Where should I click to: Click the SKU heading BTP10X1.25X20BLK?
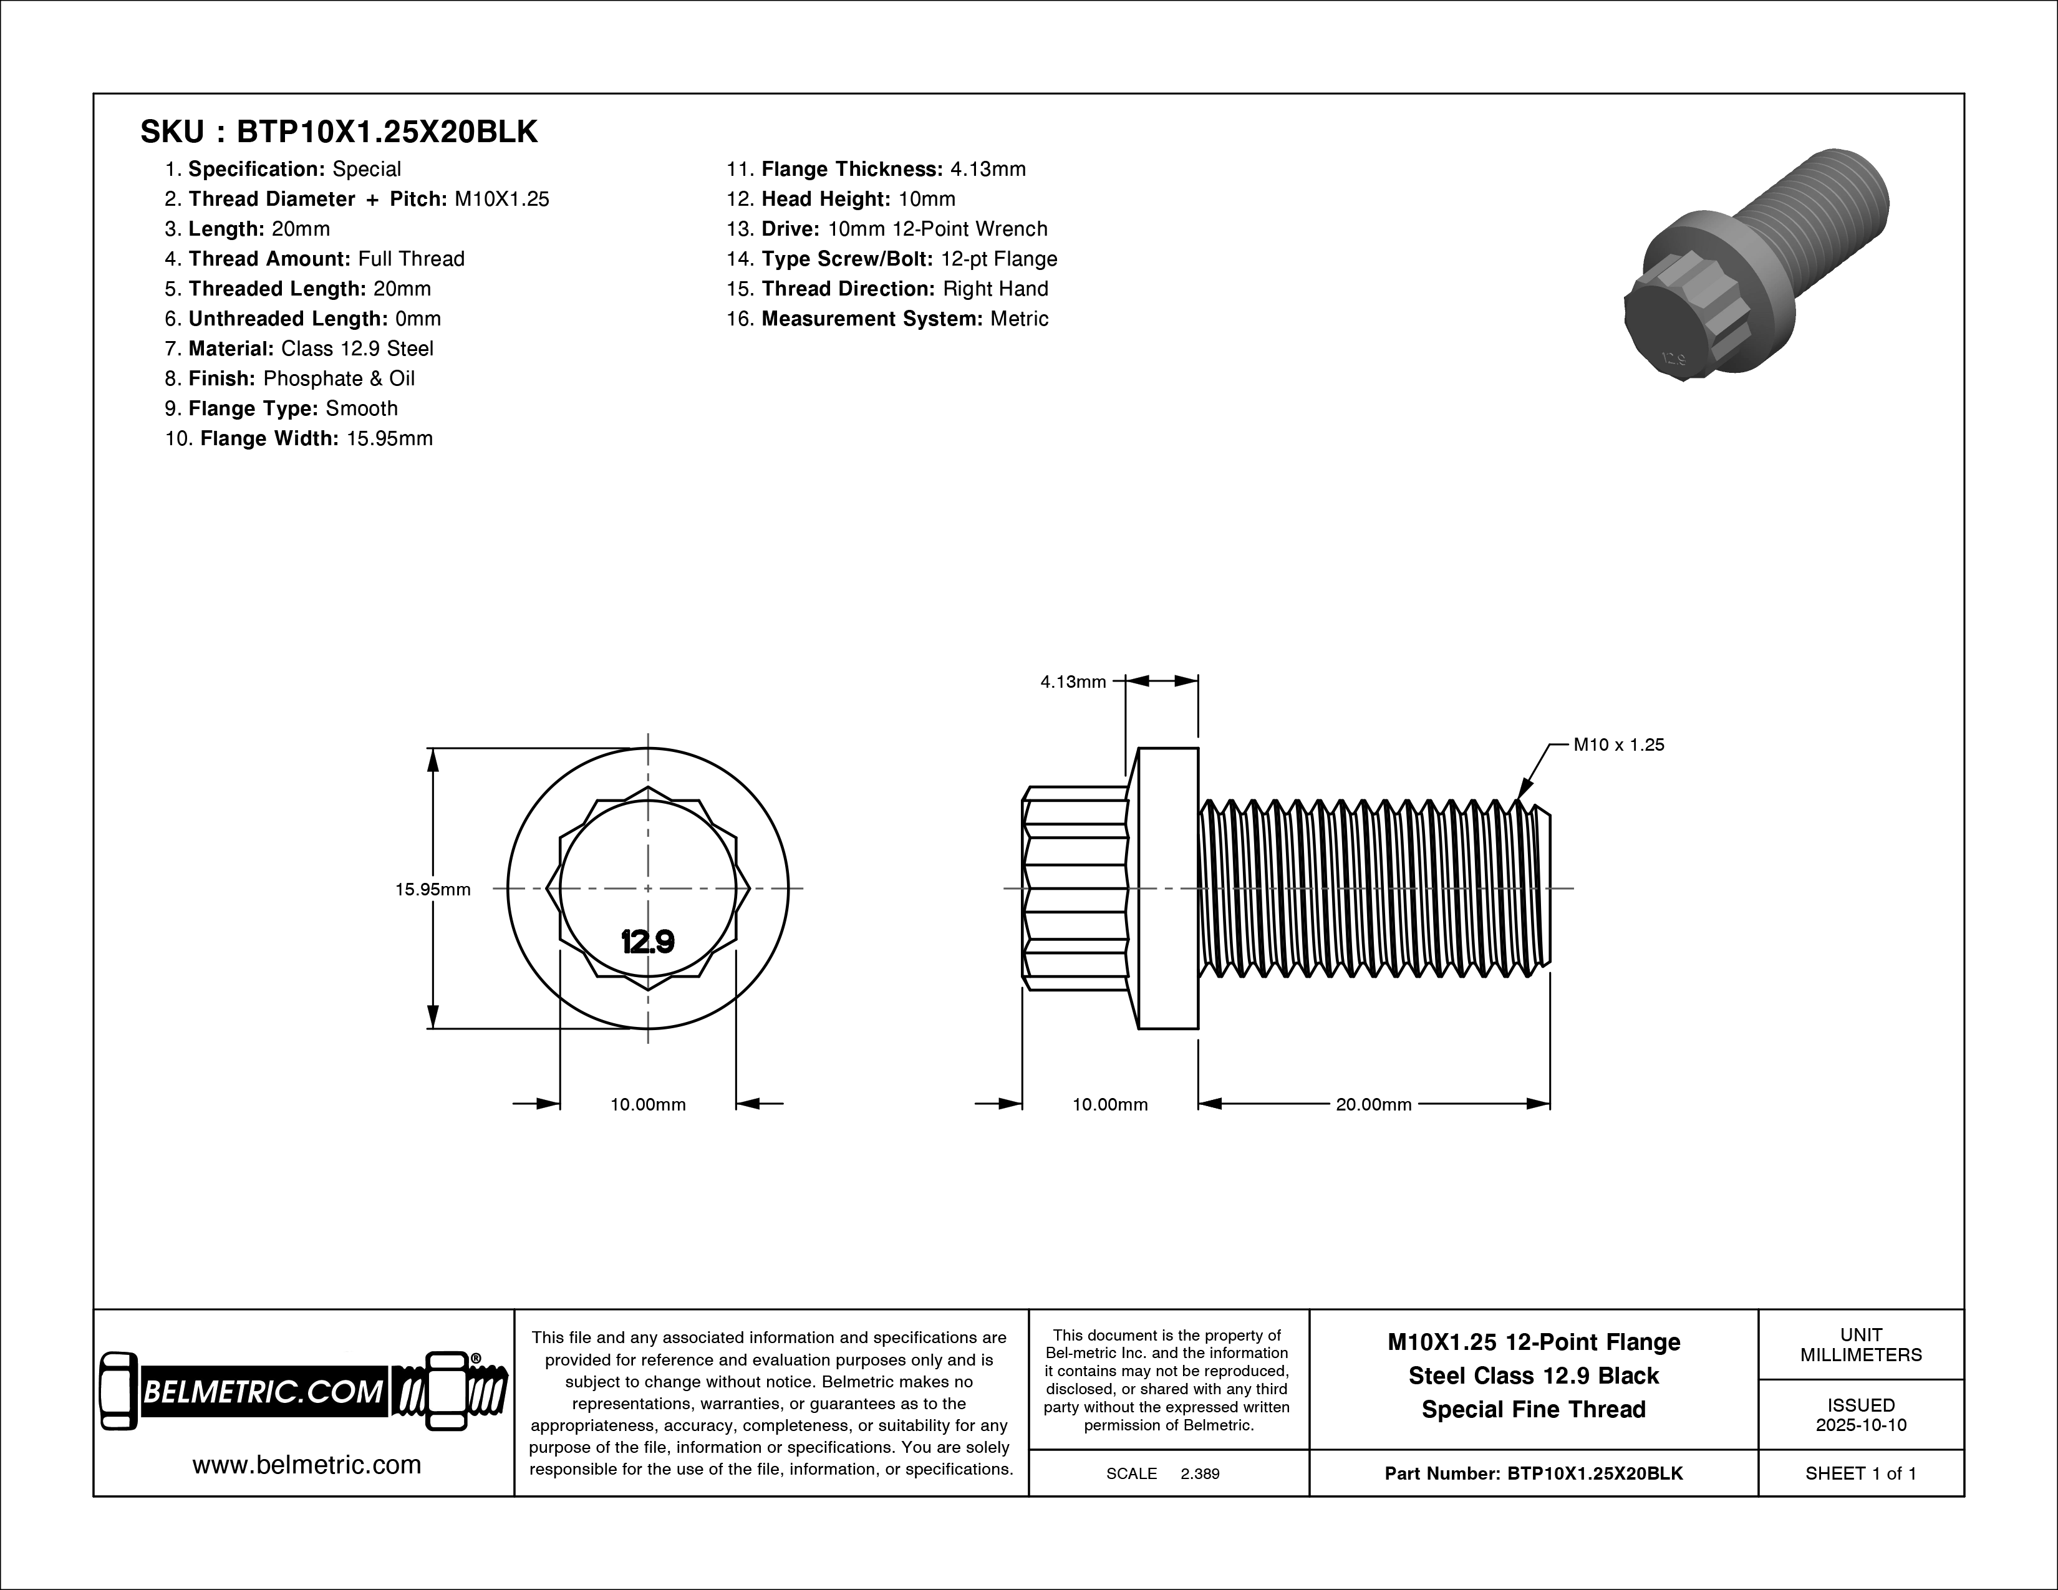click(339, 132)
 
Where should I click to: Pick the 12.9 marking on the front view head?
click(647, 941)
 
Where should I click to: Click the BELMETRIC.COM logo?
click(304, 1392)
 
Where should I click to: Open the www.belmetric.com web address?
click(306, 1465)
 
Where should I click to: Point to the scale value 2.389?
click(1199, 1473)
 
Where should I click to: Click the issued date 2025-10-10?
click(1860, 1424)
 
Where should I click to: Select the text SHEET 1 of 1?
click(1860, 1473)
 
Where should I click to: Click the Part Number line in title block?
click(1533, 1473)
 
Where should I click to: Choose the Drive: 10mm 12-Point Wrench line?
click(904, 229)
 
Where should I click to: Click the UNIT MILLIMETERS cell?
click(1860, 1345)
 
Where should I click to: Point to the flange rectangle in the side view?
click(1167, 889)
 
